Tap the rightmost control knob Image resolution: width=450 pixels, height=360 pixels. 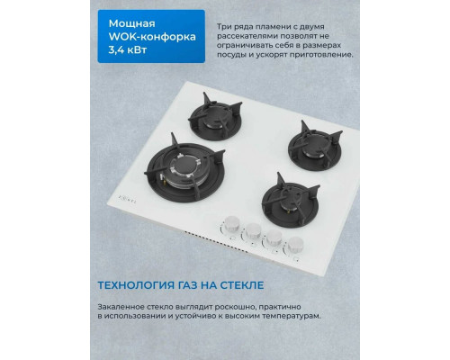294,244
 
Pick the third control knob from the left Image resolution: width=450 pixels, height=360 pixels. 273,238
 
